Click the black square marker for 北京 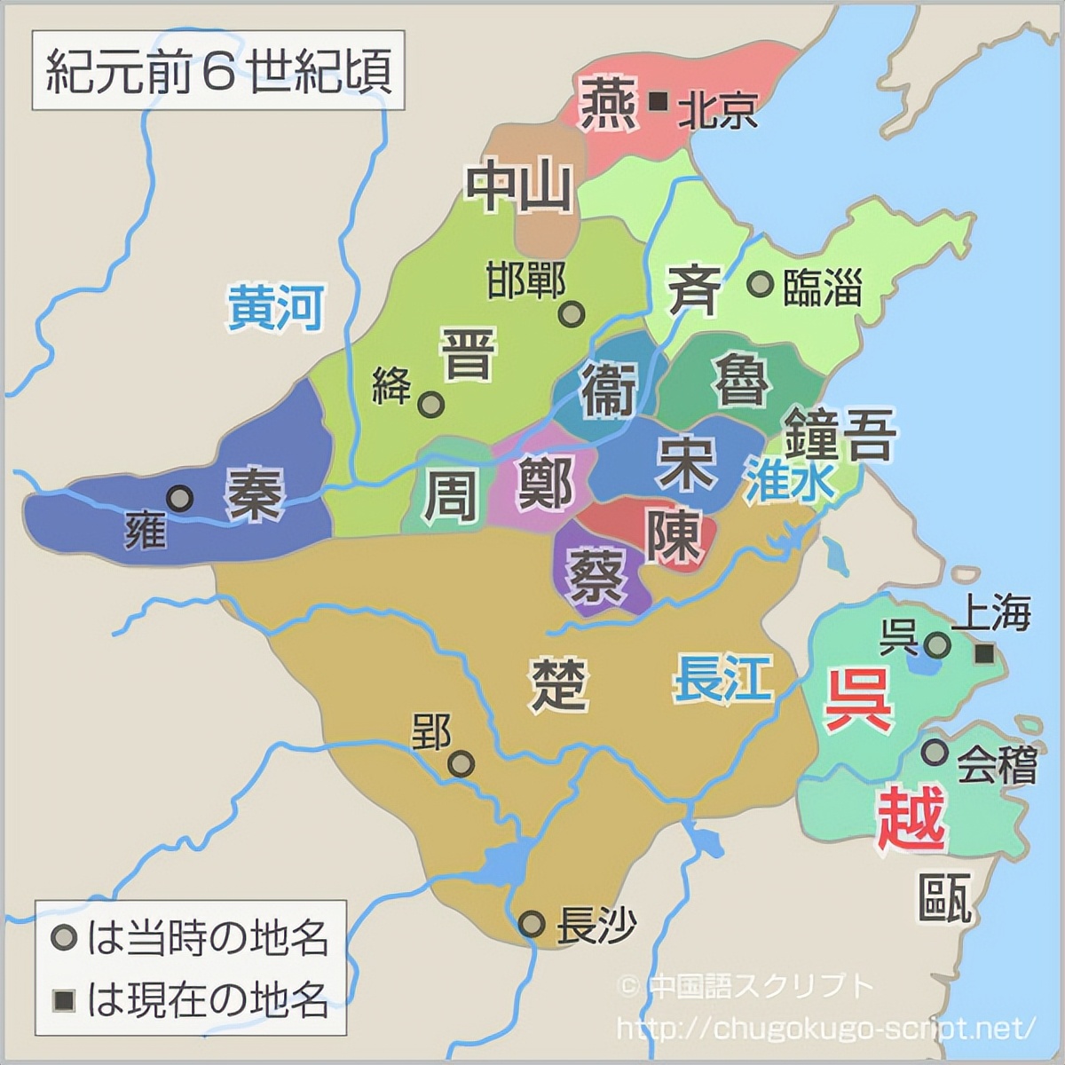click(659, 102)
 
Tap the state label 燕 click(608, 102)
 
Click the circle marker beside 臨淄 click(759, 284)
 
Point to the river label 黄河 click(275, 307)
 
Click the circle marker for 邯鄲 click(572, 313)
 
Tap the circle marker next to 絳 click(431, 405)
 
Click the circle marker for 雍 click(180, 499)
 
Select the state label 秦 click(256, 493)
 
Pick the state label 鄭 click(544, 482)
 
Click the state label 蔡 click(596, 573)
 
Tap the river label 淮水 click(790, 481)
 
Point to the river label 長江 click(722, 679)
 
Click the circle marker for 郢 click(461, 763)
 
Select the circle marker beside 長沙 click(532, 924)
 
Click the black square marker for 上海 click(984, 654)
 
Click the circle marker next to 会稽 click(933, 752)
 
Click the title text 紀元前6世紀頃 click(218, 71)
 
